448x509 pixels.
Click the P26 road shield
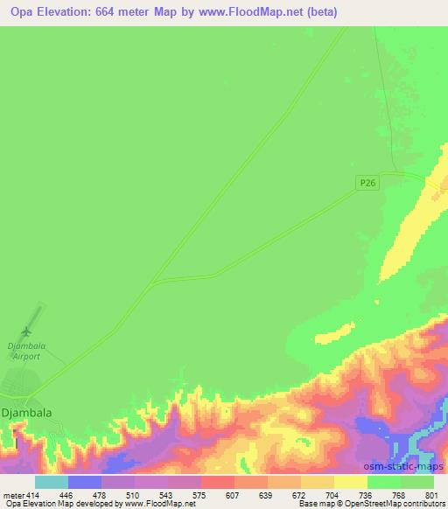[x=368, y=182]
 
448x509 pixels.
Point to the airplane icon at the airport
[x=25, y=331]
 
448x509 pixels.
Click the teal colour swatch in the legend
[x=51, y=481]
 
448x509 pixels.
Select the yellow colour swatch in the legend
[x=350, y=481]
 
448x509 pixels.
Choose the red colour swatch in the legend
[x=217, y=481]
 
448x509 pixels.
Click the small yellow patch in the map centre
[x=328, y=337]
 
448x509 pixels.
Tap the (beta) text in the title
[x=320, y=12]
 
